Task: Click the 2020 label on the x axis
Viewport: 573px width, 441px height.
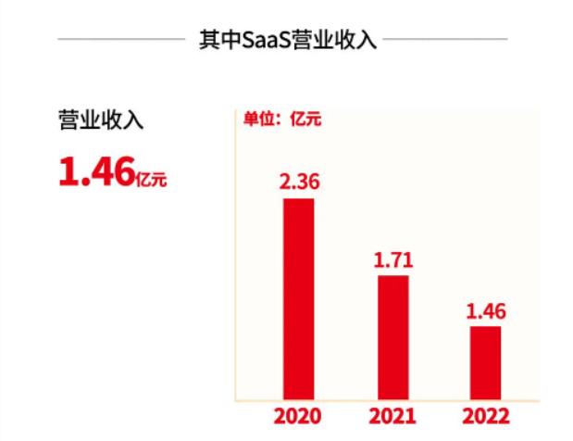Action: tap(298, 417)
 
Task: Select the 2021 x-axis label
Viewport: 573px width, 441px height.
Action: tap(392, 417)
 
